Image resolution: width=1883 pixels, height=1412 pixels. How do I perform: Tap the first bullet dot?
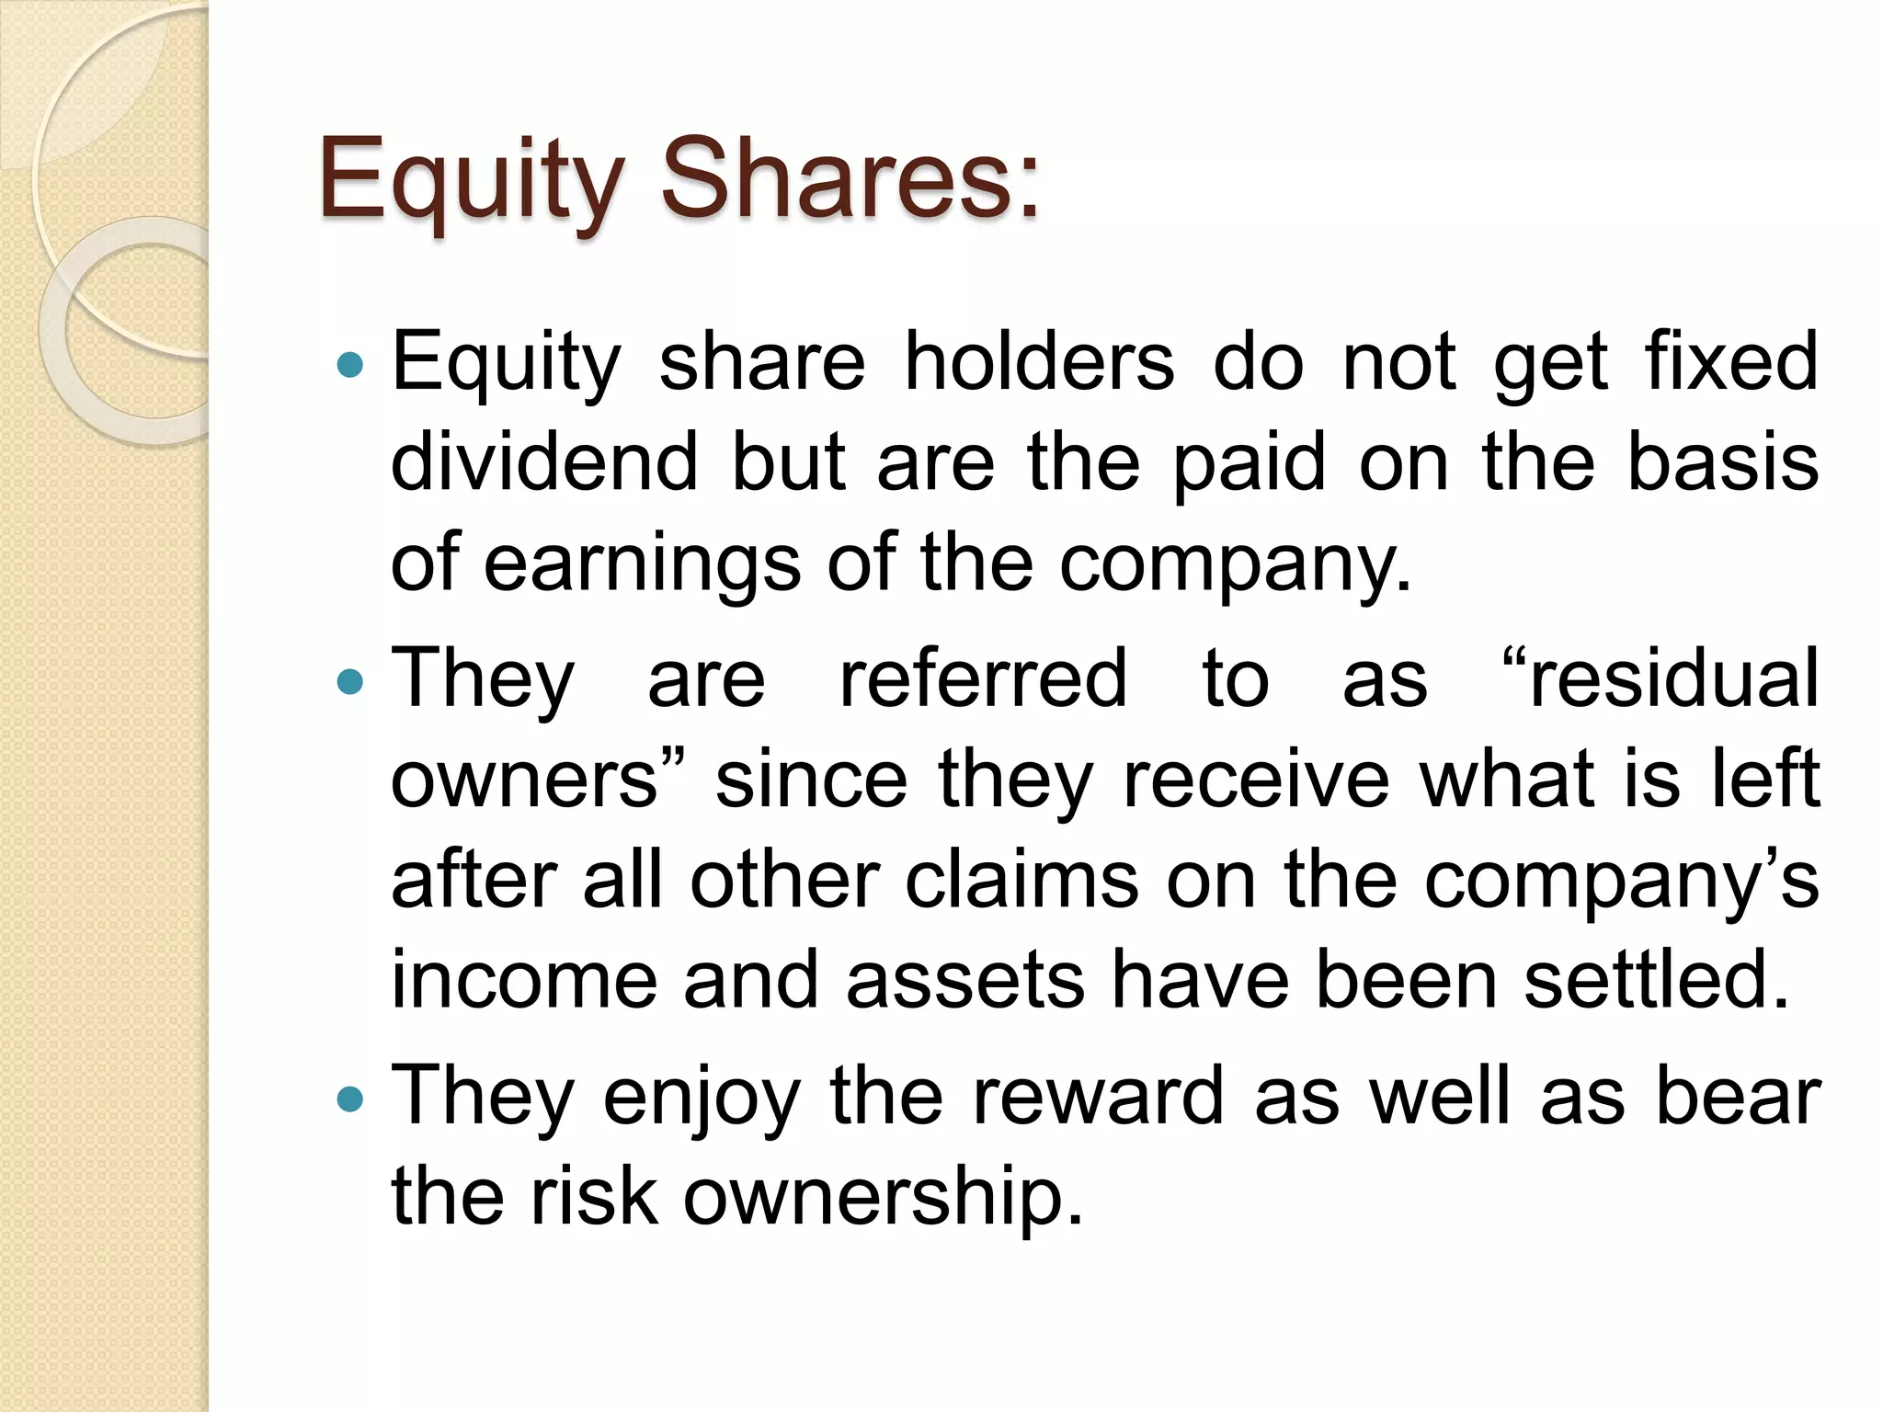350,366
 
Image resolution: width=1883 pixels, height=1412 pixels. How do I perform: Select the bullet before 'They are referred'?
350,682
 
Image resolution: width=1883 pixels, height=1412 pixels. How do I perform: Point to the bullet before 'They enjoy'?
350,1099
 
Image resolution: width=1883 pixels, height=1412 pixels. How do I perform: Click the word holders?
1039,361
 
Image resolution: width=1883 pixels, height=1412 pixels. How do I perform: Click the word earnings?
642,564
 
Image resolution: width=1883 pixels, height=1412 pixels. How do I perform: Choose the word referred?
983,678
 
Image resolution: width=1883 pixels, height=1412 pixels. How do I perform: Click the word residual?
1673,678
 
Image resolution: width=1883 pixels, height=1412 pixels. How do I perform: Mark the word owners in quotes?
525,780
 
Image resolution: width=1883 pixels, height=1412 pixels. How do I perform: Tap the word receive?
1256,780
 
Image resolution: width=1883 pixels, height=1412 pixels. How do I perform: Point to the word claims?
1021,881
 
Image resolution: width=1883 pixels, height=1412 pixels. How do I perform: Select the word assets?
965,980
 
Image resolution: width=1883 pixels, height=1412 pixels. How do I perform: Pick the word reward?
1098,1096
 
